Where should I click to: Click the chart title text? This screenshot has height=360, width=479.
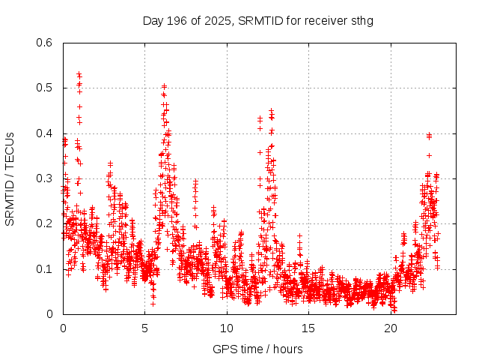click(257, 20)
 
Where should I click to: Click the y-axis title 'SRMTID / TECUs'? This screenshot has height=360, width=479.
click(10, 178)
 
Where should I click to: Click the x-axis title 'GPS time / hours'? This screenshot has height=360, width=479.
click(257, 349)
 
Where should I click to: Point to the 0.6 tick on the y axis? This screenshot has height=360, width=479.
click(45, 43)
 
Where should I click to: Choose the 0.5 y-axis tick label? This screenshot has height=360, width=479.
click(45, 88)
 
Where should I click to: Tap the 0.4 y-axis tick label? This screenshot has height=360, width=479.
click(45, 133)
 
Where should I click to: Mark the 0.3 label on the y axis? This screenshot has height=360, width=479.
click(45, 178)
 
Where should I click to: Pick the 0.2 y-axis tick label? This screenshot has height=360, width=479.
click(45, 224)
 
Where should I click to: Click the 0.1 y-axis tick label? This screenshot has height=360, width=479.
click(45, 269)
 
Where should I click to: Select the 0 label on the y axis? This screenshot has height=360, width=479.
click(50, 314)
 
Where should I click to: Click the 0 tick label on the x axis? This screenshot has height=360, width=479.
click(63, 328)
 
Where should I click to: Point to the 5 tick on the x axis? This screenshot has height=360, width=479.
click(145, 328)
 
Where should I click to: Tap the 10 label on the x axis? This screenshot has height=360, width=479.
click(227, 328)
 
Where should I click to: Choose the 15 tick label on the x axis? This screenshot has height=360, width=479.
click(308, 328)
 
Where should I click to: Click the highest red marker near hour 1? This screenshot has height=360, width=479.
click(79, 73)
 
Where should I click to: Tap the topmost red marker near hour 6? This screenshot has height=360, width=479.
click(164, 86)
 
